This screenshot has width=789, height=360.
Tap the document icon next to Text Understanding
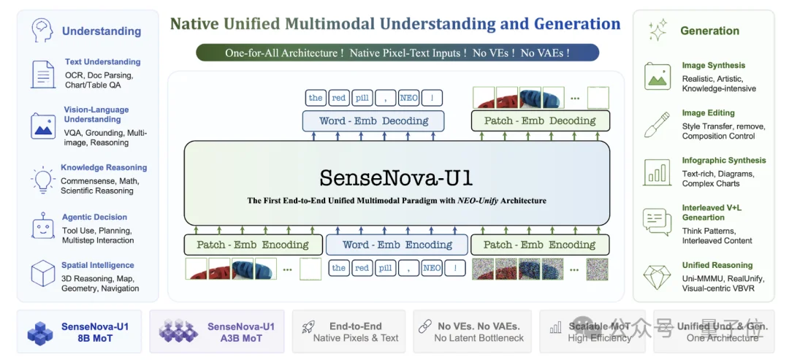(43, 74)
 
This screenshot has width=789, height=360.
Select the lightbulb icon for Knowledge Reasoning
(43, 179)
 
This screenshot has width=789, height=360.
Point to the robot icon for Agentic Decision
(43, 228)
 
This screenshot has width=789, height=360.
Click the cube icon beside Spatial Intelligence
(43, 274)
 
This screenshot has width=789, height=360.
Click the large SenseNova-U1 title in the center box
(396, 177)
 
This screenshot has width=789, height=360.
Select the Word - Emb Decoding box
(373, 121)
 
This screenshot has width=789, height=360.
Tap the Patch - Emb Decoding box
(540, 121)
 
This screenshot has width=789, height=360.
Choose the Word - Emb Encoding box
(397, 245)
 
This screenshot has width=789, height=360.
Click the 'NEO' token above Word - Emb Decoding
(409, 98)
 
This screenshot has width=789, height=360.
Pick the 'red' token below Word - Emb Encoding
(362, 268)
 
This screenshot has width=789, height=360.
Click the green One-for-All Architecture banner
(397, 53)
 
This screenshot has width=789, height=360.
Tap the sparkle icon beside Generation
(657, 31)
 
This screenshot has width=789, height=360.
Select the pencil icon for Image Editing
(657, 125)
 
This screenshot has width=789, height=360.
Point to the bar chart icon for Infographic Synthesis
(657, 172)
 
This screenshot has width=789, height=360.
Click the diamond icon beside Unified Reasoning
(657, 277)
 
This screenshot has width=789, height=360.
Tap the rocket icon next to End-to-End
(308, 328)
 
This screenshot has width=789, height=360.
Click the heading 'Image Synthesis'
(713, 66)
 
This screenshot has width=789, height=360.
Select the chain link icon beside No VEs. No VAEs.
(424, 327)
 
